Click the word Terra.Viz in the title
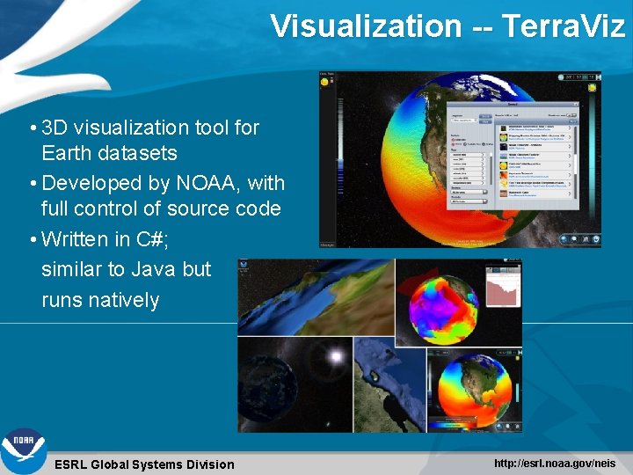pos(563,26)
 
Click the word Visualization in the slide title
pos(365,26)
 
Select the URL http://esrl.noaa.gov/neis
pos(555,463)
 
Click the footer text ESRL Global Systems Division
pos(144,464)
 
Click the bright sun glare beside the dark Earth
pos(334,356)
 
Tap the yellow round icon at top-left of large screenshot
pos(324,83)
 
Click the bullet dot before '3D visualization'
pos(33,128)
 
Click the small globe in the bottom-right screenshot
pos(475,391)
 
